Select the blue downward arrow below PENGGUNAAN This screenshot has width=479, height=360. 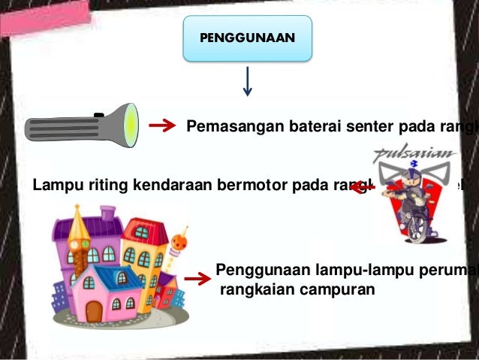247,81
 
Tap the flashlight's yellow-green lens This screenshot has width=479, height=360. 132,123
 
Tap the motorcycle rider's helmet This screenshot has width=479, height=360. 412,180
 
